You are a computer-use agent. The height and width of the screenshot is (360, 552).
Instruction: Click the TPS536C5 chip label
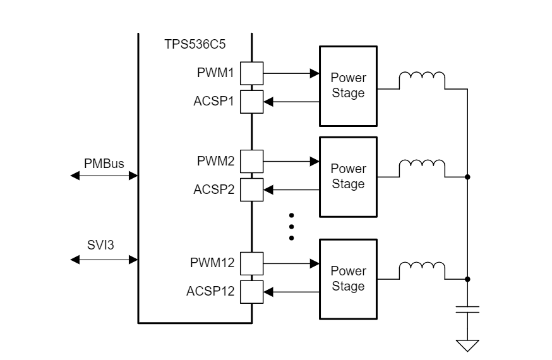[196, 46]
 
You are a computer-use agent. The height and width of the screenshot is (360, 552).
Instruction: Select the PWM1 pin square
[253, 74]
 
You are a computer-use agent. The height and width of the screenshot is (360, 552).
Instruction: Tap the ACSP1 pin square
[253, 100]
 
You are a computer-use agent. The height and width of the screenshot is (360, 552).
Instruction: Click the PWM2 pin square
[253, 162]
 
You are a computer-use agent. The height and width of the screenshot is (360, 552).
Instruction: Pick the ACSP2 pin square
[253, 188]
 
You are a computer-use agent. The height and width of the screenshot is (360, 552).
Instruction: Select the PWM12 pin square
[253, 262]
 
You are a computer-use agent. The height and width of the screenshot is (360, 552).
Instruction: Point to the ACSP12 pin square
[253, 291]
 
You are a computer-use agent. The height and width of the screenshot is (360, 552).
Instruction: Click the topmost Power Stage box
[348, 86]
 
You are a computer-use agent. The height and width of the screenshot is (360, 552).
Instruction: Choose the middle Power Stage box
[348, 176]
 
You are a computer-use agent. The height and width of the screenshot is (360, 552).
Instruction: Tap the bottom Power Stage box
[348, 279]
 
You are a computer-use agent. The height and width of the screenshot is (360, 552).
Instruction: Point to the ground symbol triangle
[467, 345]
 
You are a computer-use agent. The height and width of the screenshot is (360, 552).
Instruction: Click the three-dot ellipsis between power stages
[291, 227]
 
